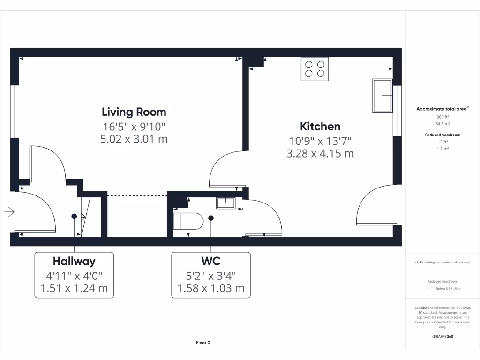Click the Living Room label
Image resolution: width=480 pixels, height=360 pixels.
coord(134,112)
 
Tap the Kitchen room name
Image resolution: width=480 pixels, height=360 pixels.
coord(320,126)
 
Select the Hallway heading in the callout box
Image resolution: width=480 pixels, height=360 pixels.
coord(74,261)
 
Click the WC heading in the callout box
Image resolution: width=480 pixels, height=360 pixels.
coord(210,261)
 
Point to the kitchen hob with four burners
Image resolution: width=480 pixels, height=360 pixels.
coord(315,69)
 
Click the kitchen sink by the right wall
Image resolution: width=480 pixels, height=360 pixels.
coord(382,96)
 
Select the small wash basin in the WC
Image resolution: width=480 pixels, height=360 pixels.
coord(225,202)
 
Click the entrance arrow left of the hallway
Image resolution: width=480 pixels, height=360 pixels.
coord(9,212)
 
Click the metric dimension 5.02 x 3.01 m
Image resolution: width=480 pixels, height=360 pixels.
coord(134,139)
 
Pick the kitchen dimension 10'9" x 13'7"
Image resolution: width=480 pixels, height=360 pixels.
coord(320,140)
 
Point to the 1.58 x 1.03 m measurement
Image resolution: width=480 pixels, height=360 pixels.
coord(210,288)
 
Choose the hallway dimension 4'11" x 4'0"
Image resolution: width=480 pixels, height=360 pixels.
coord(74,275)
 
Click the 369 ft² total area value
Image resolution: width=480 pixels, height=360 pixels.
coord(442,116)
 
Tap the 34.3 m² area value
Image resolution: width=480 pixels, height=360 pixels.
coord(442,124)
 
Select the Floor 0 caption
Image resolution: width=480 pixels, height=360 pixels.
coord(203,343)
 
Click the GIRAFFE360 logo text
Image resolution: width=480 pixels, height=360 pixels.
coord(442,336)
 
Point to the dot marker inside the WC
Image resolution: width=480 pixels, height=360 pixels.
coord(211,218)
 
